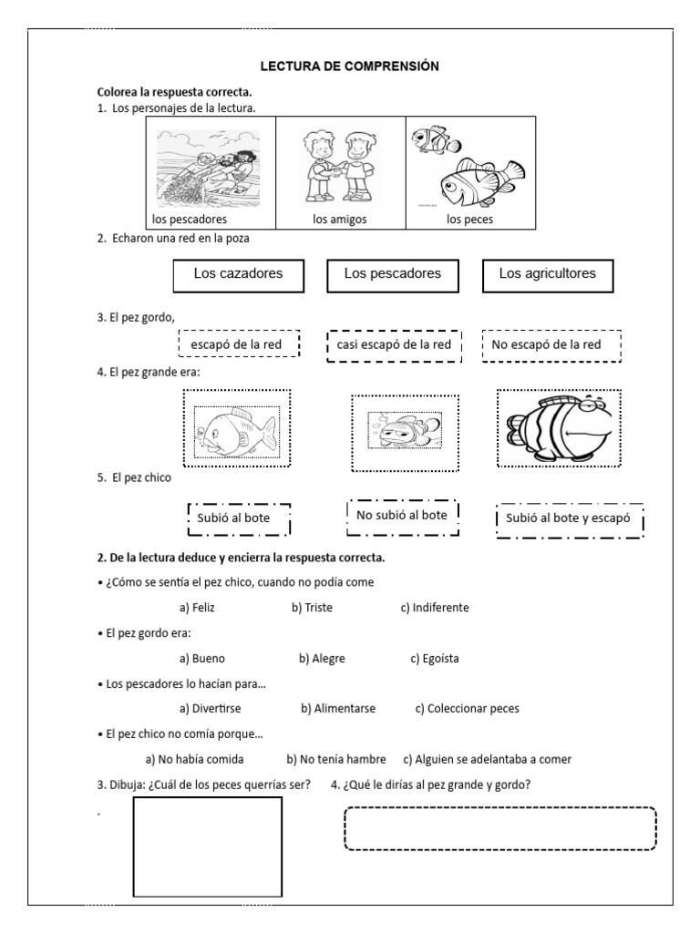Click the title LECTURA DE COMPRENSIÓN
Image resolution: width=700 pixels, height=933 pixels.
(x=349, y=67)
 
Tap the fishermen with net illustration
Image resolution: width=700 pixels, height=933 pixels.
(x=211, y=166)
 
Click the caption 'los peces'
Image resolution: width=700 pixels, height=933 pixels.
(x=468, y=220)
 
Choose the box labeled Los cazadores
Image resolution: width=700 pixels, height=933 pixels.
(x=238, y=274)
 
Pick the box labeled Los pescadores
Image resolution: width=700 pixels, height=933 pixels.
(x=393, y=274)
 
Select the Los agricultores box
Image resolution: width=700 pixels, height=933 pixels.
(x=548, y=274)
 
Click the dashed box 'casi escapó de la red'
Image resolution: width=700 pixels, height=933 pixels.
(x=394, y=344)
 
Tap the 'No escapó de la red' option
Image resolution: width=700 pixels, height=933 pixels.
(x=551, y=344)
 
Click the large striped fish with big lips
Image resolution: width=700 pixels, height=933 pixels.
(x=559, y=426)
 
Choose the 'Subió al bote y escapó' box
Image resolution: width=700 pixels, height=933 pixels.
(x=570, y=519)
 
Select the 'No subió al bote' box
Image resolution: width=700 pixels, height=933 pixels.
(x=402, y=515)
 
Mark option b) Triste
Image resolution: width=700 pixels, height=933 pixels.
(x=310, y=608)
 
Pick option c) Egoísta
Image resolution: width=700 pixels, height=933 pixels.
(x=435, y=659)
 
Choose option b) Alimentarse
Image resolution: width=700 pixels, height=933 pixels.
(x=338, y=708)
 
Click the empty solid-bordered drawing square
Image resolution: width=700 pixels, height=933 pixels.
(x=208, y=847)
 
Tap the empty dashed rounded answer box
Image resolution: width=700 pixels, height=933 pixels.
(x=500, y=828)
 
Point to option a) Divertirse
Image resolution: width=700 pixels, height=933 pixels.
(x=211, y=708)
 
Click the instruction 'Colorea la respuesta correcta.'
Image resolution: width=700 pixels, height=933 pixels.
(x=175, y=93)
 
